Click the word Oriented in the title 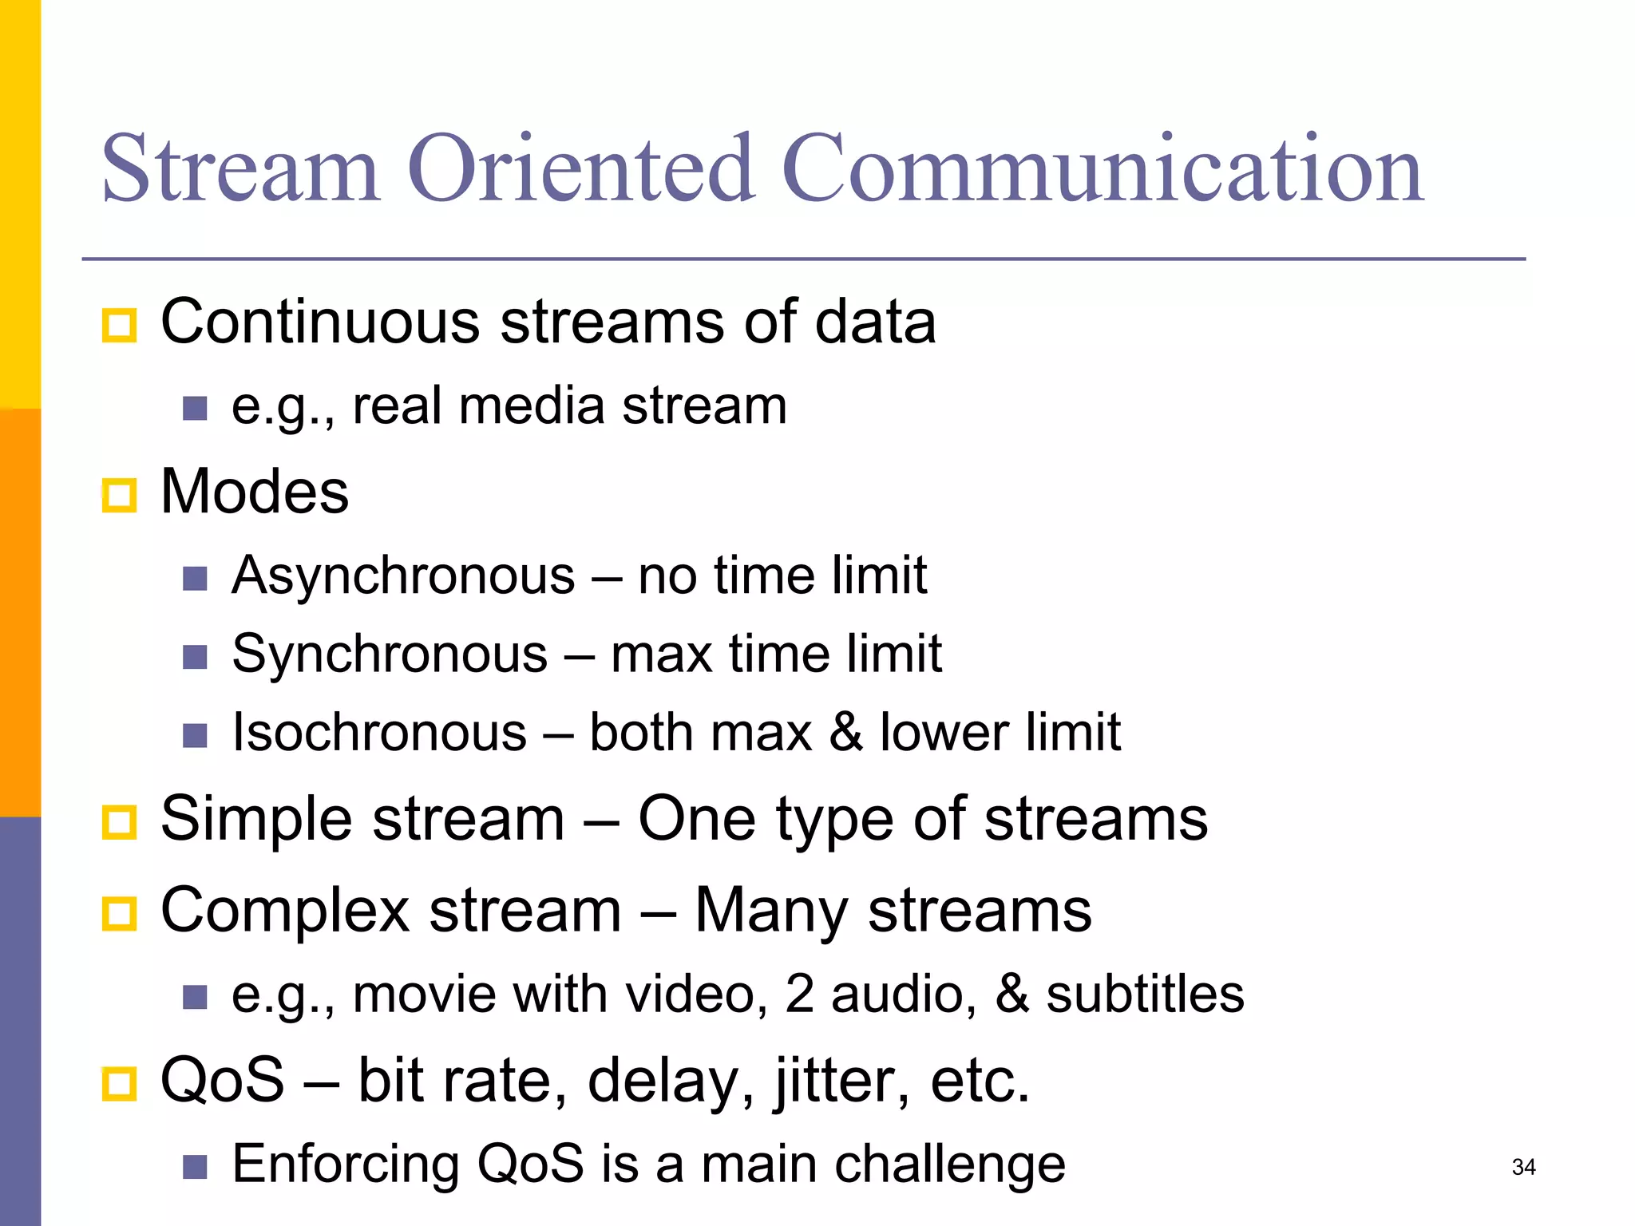click(x=581, y=169)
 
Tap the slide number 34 click(x=1523, y=1167)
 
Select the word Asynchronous click(x=403, y=575)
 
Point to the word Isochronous click(x=379, y=733)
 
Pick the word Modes click(x=255, y=492)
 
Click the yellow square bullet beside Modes click(x=120, y=496)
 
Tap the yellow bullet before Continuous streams click(x=120, y=326)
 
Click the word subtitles click(x=1145, y=995)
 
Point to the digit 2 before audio click(x=800, y=995)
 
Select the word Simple click(x=256, y=821)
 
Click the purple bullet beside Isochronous click(x=195, y=735)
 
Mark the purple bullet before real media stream click(x=195, y=409)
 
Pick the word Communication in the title click(x=1103, y=169)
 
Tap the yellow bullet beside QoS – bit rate click(x=120, y=1084)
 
